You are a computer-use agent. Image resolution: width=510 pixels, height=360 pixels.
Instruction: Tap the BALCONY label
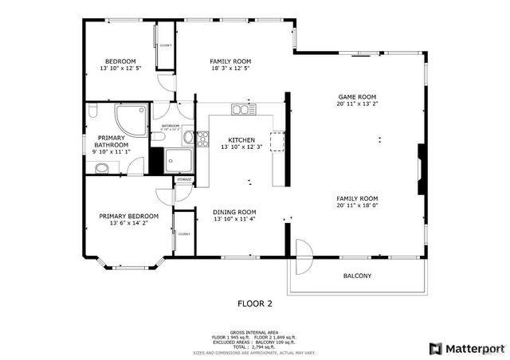pyautogui.click(x=357, y=276)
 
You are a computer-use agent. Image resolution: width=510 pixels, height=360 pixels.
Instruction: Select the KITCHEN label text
pyautogui.click(x=241, y=139)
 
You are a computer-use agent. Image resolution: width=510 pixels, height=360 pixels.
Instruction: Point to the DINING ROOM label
pyautogui.click(x=234, y=212)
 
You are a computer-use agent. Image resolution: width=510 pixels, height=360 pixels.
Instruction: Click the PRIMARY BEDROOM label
pyautogui.click(x=128, y=216)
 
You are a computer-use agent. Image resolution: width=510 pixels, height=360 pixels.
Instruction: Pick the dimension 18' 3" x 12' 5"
pyautogui.click(x=230, y=69)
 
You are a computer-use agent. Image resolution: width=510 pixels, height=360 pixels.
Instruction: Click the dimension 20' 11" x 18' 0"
pyautogui.click(x=356, y=206)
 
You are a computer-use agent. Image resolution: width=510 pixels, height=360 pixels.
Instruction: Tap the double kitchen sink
pyautogui.click(x=241, y=109)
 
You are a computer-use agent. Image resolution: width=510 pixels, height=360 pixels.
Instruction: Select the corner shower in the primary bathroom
pyautogui.click(x=129, y=120)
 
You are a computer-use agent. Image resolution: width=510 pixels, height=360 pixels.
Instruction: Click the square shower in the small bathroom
pyautogui.click(x=178, y=159)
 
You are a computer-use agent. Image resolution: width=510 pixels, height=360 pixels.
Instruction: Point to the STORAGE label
pyautogui.click(x=184, y=180)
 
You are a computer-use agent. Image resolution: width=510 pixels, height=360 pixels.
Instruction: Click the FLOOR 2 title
pyautogui.click(x=255, y=303)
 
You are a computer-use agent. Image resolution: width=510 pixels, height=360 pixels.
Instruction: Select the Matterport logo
pyautogui.click(x=467, y=348)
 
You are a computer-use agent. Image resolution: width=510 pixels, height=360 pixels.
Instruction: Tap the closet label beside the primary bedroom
pyautogui.click(x=183, y=233)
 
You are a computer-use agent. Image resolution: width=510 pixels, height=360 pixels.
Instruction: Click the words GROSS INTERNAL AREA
pyautogui.click(x=254, y=331)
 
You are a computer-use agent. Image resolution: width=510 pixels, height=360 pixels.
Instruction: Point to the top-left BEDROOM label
pyautogui.click(x=120, y=61)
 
